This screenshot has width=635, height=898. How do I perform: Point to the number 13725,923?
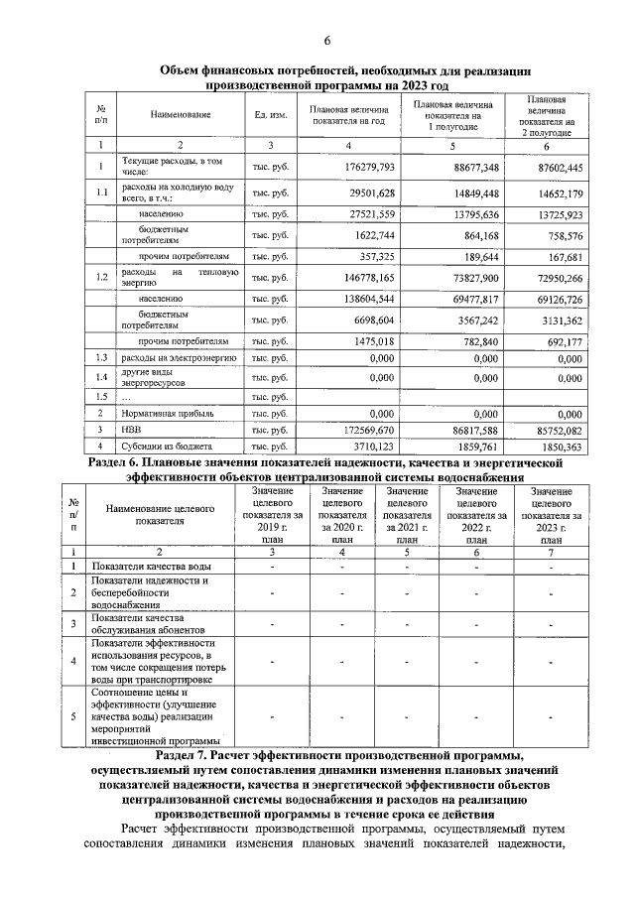pos(556,213)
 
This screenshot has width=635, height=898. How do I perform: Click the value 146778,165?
pos(366,277)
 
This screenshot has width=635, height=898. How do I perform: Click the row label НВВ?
pos(130,429)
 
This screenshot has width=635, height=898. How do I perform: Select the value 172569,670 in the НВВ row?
pos(366,429)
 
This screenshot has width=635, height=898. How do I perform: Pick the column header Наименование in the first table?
pos(182,116)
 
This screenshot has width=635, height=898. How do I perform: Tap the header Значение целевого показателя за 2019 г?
pos(272,516)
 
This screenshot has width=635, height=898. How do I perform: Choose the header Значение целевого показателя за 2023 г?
pos(551,516)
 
